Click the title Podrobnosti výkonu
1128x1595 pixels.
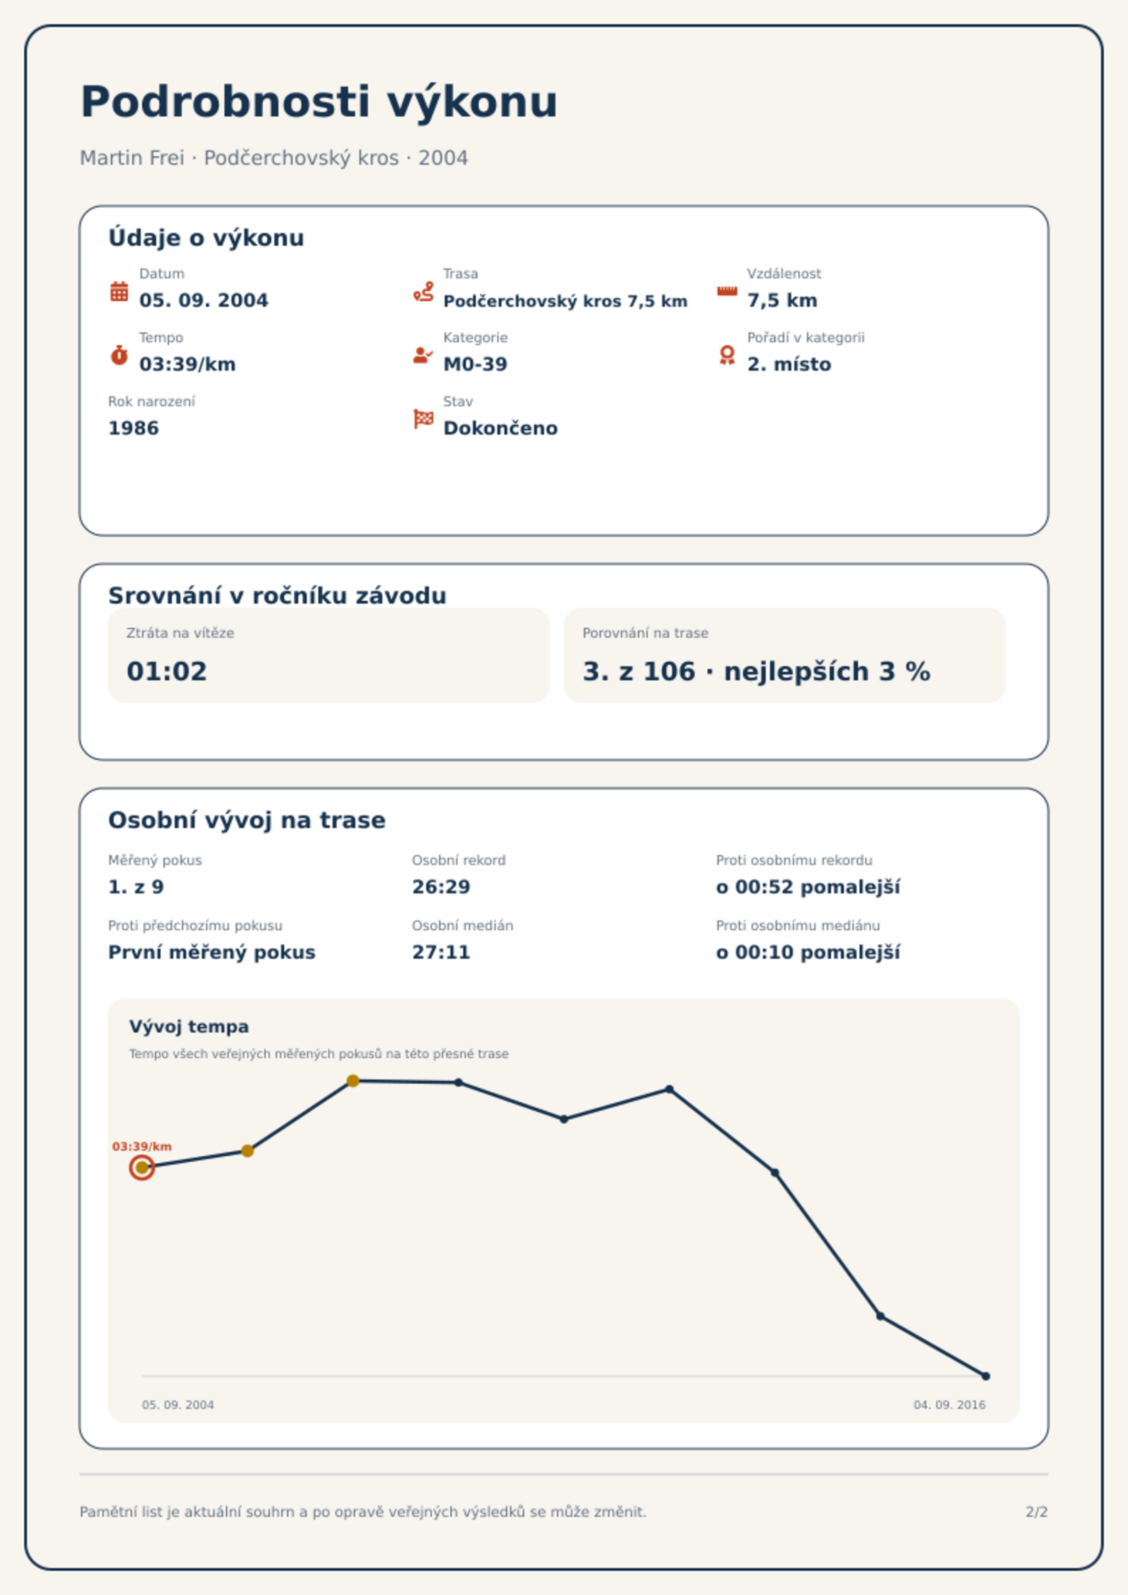pos(319,102)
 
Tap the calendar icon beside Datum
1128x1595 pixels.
pos(119,291)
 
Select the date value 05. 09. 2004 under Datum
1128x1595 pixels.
pos(204,300)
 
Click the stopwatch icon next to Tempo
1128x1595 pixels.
pos(119,355)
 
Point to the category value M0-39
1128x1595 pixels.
pos(475,364)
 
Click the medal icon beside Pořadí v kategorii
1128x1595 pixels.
pos(727,355)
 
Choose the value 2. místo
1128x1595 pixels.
pos(788,364)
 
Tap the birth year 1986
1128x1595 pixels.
pos(134,428)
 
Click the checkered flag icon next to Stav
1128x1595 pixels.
pos(423,419)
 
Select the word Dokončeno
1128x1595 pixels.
pos(500,428)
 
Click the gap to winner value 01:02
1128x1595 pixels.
pos(167,671)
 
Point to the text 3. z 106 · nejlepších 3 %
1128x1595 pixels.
pos(756,671)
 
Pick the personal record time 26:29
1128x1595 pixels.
pos(441,887)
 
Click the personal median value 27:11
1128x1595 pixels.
pos(441,952)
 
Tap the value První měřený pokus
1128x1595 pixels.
pos(212,952)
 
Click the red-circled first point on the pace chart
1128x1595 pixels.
pos(142,1167)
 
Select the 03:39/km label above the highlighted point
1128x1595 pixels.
pos(142,1146)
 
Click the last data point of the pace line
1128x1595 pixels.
pos(985,1376)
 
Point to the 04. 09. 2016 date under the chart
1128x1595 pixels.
pos(949,1405)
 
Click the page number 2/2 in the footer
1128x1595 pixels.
pos(1036,1512)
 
